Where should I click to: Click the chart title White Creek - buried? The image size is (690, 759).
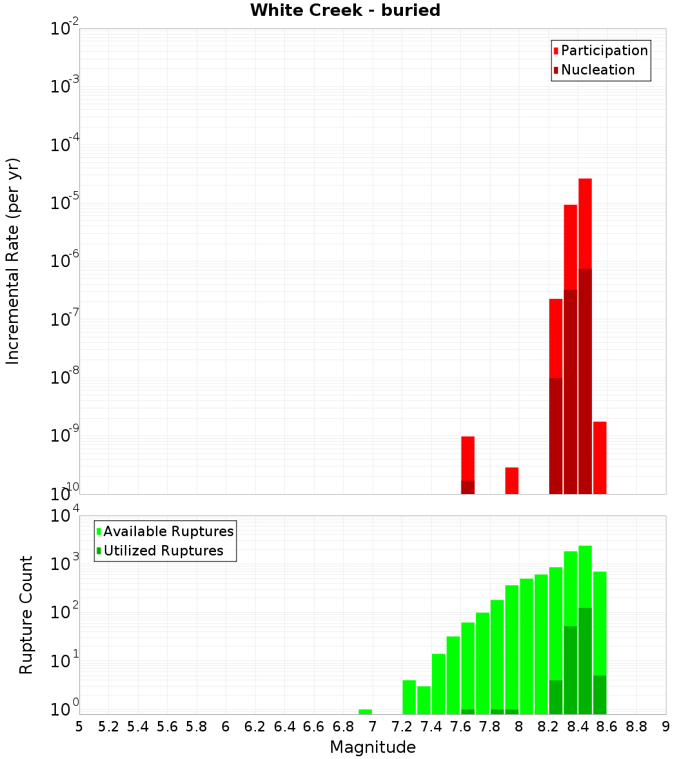[x=345, y=10]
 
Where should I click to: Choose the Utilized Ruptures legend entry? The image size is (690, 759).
[x=163, y=551]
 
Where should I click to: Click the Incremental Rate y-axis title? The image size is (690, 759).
[x=13, y=261]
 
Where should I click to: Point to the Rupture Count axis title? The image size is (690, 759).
[x=26, y=614]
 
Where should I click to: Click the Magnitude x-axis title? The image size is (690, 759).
[x=373, y=747]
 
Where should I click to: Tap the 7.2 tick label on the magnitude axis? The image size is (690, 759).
[x=402, y=726]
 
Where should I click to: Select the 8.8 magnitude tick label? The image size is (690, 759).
[x=636, y=726]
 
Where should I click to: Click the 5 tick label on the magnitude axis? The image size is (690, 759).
[x=79, y=726]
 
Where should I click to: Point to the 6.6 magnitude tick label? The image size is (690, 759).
[x=314, y=726]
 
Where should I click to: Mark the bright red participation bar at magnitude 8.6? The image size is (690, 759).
[x=600, y=457]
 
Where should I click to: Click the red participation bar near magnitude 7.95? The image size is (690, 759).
[x=511, y=480]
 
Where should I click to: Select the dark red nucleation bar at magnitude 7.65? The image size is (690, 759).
[x=468, y=487]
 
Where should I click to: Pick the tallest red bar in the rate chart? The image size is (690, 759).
[x=585, y=221]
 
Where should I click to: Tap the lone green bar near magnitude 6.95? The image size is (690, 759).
[x=365, y=711]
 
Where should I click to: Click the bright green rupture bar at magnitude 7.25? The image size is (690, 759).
[x=409, y=697]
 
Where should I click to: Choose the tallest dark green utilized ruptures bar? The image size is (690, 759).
[x=585, y=660]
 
